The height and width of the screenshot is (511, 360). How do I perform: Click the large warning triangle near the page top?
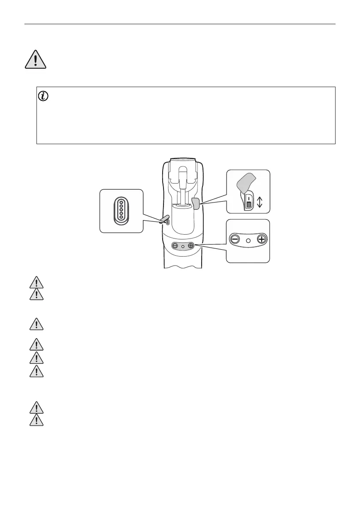click(x=35, y=59)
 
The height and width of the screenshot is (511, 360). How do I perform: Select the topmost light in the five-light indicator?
click(x=121, y=202)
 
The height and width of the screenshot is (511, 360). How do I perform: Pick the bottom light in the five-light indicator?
click(x=121, y=217)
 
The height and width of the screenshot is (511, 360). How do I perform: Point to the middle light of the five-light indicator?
click(x=121, y=209)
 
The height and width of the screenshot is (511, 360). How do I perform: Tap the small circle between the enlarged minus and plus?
click(x=248, y=240)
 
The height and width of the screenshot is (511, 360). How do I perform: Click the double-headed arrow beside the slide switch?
click(x=259, y=201)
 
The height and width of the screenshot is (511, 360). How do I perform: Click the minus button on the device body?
click(x=175, y=246)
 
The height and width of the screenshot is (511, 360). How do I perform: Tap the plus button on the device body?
click(x=191, y=246)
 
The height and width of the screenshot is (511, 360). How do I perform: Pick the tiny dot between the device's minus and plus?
click(x=183, y=246)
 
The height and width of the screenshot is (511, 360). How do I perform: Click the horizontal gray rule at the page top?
click(x=180, y=24)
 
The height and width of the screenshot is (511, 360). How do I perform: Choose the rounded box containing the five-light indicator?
click(x=121, y=211)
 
